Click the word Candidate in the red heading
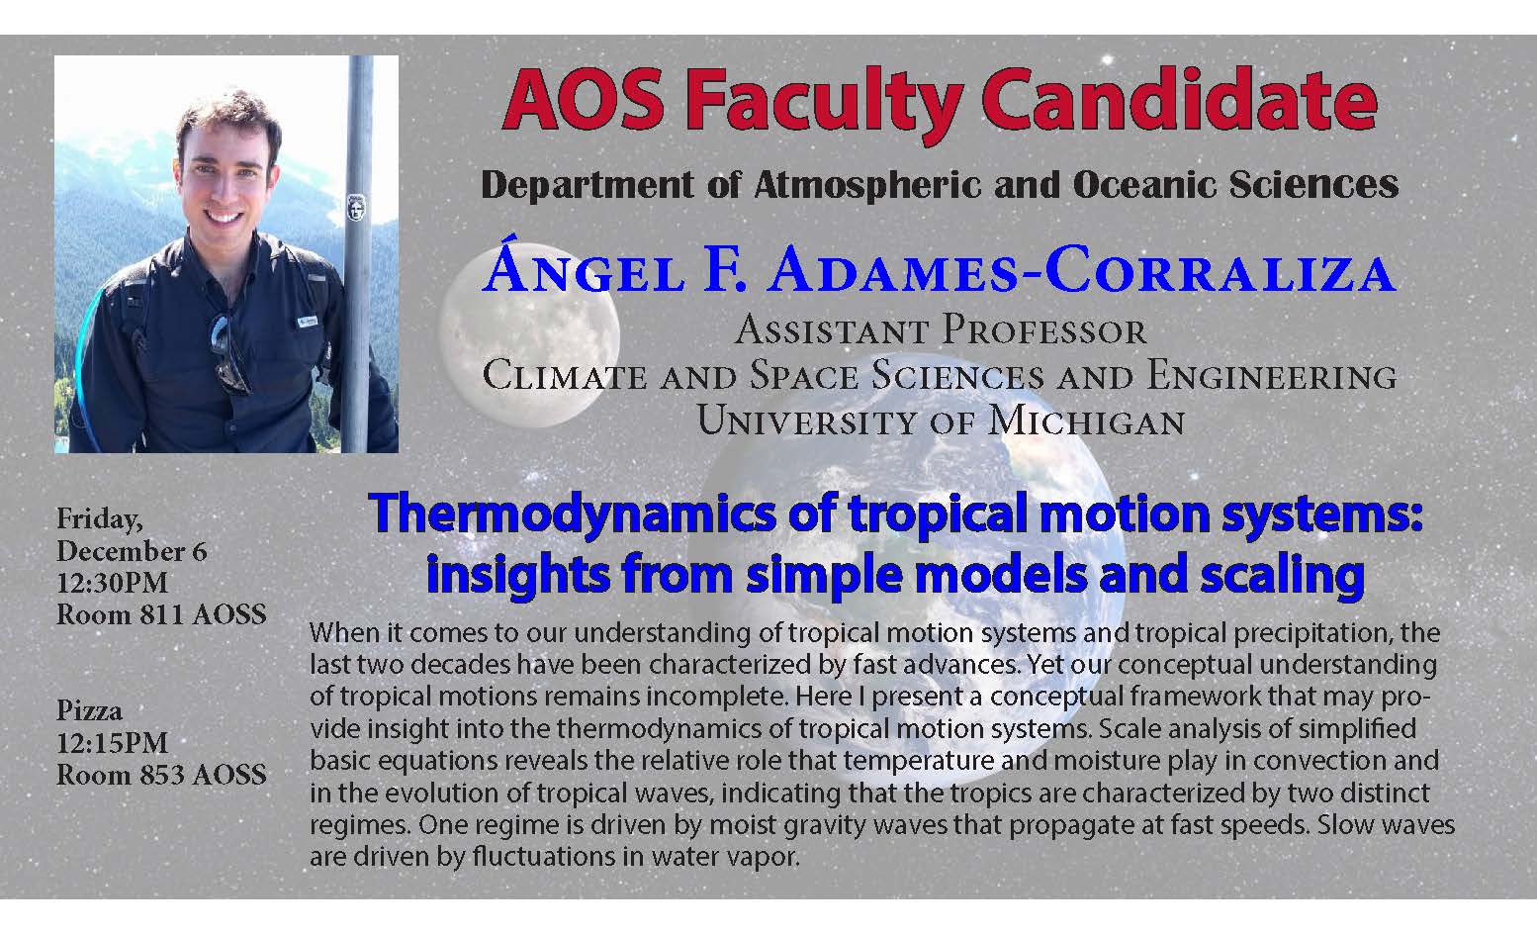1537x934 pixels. pyautogui.click(x=1180, y=100)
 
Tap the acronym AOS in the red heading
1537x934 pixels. pyautogui.click(x=584, y=100)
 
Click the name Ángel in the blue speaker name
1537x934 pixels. pyautogui.click(x=584, y=267)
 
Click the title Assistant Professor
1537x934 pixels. pyautogui.click(x=941, y=330)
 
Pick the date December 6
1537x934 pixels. pyautogui.click(x=132, y=551)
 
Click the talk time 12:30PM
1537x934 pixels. pyautogui.click(x=112, y=583)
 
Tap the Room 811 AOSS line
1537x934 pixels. pyautogui.click(x=161, y=614)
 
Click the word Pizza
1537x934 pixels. pyautogui.click(x=89, y=711)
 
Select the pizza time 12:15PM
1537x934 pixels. pyautogui.click(x=112, y=742)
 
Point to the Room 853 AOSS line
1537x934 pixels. pyautogui.click(x=161, y=774)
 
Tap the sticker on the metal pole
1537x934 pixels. pyautogui.click(x=355, y=208)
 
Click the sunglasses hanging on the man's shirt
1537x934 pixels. pyautogui.click(x=228, y=353)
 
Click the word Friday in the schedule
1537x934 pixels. pyautogui.click(x=100, y=519)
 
